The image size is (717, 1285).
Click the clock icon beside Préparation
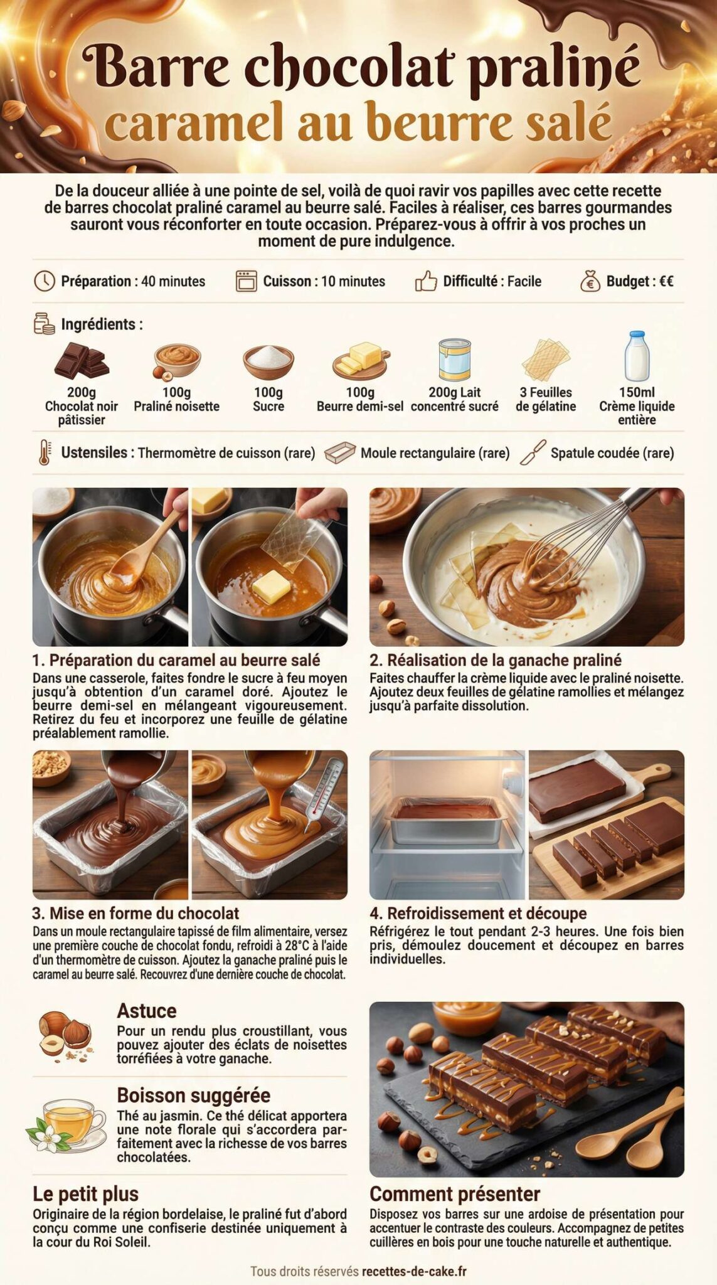tap(44, 281)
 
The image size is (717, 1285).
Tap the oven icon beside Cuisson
tap(246, 281)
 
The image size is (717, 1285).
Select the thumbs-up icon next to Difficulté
tap(426, 281)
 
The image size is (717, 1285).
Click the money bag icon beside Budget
tap(590, 281)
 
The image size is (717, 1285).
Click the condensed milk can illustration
tap(454, 360)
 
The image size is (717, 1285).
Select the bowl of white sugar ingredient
tap(268, 361)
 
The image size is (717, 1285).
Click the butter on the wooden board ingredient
tap(361, 360)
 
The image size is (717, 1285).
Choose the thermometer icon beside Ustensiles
tap(45, 452)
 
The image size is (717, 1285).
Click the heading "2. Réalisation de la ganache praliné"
tap(495, 660)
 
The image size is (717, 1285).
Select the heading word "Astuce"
tap(146, 1011)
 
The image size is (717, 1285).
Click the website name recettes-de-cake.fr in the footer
tap(414, 1271)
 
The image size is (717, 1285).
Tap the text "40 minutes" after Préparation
tap(173, 281)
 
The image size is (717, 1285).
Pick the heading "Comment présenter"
tap(454, 1193)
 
